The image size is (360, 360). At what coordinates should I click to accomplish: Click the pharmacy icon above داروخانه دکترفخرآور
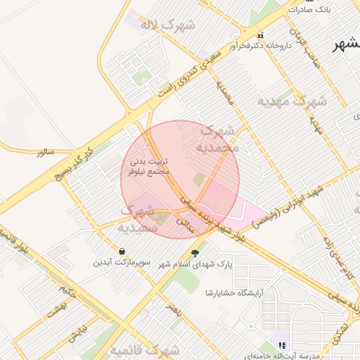261,34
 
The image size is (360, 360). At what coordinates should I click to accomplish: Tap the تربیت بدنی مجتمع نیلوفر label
146,166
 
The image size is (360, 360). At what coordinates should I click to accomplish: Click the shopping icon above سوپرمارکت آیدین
123,251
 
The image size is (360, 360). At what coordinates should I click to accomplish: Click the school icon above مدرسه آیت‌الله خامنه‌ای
282,345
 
